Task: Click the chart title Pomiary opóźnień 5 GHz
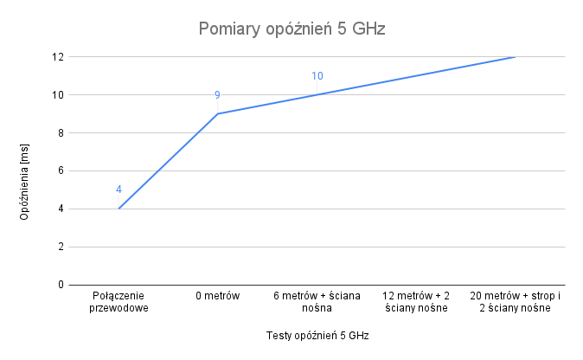click(x=291, y=29)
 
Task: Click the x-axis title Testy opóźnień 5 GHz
click(x=317, y=335)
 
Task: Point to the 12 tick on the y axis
click(x=58, y=57)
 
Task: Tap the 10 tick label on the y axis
click(x=58, y=95)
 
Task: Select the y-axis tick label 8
click(x=61, y=133)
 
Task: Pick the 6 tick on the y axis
click(x=61, y=170)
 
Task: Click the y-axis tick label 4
click(x=61, y=209)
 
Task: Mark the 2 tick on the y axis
click(x=61, y=247)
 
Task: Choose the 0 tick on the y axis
click(x=61, y=285)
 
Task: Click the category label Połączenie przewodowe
click(x=119, y=302)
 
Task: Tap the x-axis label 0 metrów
click(x=217, y=297)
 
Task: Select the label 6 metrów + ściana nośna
click(x=317, y=302)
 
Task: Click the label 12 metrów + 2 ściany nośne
click(x=415, y=302)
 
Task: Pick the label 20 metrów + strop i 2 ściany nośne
click(x=516, y=302)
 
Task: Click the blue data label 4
click(x=119, y=190)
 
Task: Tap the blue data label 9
click(x=217, y=95)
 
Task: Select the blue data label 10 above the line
click(x=317, y=76)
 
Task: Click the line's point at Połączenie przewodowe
click(x=119, y=209)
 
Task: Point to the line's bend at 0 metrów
click(x=217, y=113)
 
